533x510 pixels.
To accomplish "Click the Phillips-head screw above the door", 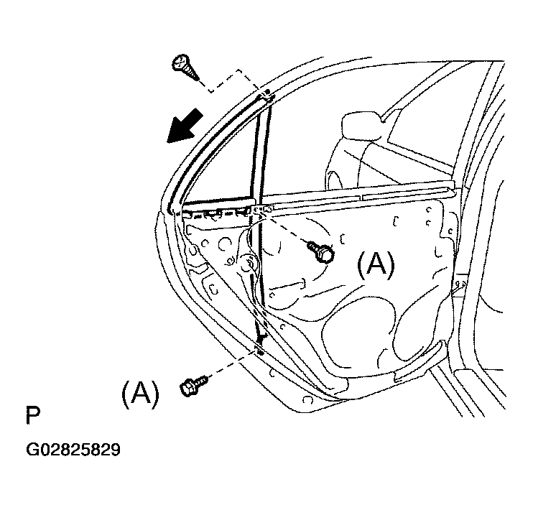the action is (185, 67).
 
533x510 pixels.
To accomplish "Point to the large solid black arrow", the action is (185, 126).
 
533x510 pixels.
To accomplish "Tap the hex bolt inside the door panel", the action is (320, 251).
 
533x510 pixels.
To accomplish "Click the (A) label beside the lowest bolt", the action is (140, 394).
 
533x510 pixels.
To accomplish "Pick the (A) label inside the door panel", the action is (376, 265).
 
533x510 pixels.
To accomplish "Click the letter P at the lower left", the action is (33, 415).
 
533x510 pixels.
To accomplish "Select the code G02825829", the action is (73, 450).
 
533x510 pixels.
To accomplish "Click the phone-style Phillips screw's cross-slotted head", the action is (180, 62).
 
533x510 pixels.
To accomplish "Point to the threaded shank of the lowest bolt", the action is (201, 379).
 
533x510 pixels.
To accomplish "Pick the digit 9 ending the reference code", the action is (116, 450).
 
